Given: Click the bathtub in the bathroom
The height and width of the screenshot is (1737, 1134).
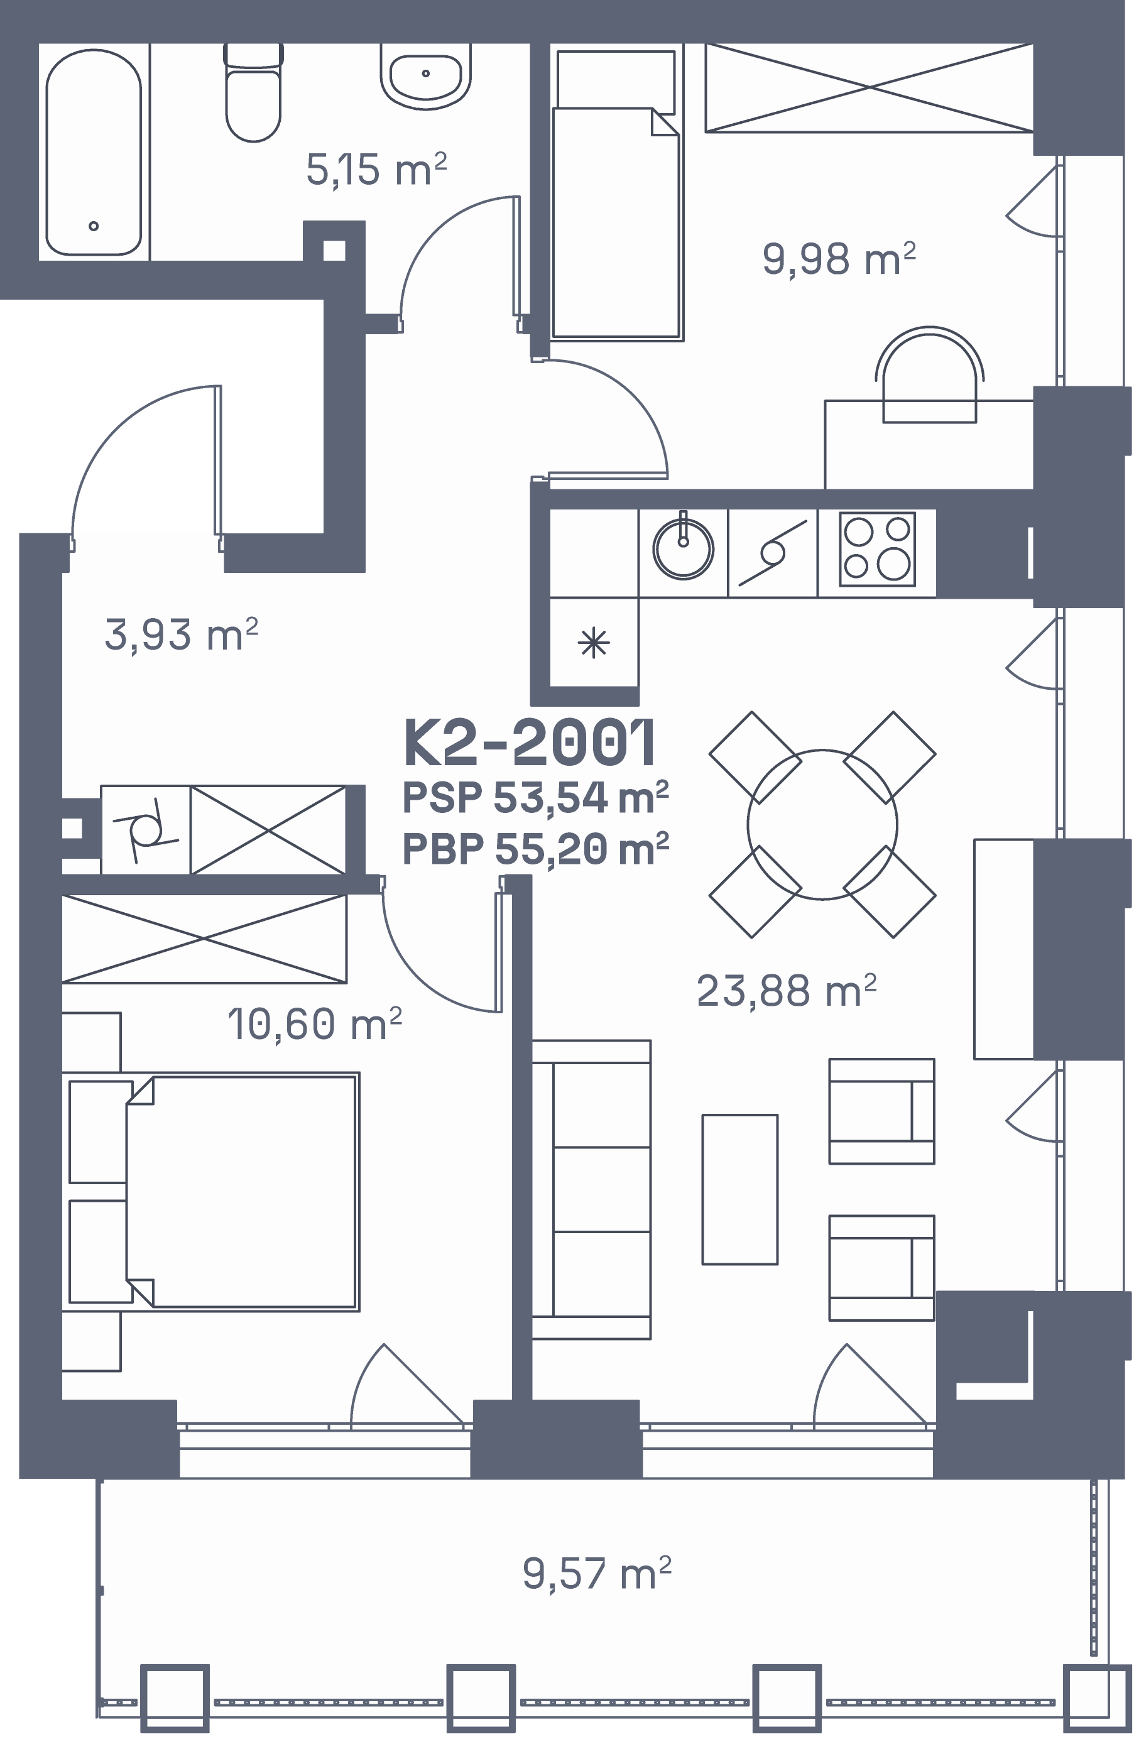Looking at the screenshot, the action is tap(94, 152).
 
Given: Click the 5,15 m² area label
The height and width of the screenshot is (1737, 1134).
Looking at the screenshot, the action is tap(376, 170).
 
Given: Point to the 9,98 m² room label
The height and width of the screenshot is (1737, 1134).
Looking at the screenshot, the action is tap(839, 259).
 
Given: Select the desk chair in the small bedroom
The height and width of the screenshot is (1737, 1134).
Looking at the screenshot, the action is tap(929, 374).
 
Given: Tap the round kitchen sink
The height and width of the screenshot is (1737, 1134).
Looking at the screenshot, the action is tap(683, 548).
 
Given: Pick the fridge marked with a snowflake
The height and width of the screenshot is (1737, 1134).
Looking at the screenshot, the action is tap(593, 642).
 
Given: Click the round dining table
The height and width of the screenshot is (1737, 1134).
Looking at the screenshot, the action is tap(822, 824).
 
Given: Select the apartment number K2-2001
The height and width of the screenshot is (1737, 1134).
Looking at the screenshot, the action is tap(530, 743).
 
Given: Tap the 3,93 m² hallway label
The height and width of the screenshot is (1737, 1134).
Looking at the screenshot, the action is tap(181, 634).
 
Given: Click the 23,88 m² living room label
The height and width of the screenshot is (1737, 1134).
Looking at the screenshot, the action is tap(786, 991).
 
